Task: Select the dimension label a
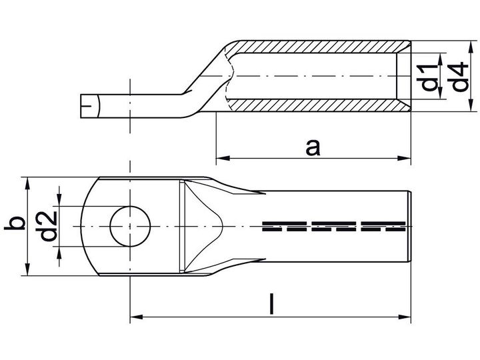click(313, 147)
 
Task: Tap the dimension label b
click(15, 223)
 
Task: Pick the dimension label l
click(271, 304)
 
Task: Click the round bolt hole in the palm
click(131, 226)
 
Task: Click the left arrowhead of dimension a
click(223, 158)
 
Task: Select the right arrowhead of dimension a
click(404, 158)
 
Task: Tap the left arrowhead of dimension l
click(137, 317)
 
